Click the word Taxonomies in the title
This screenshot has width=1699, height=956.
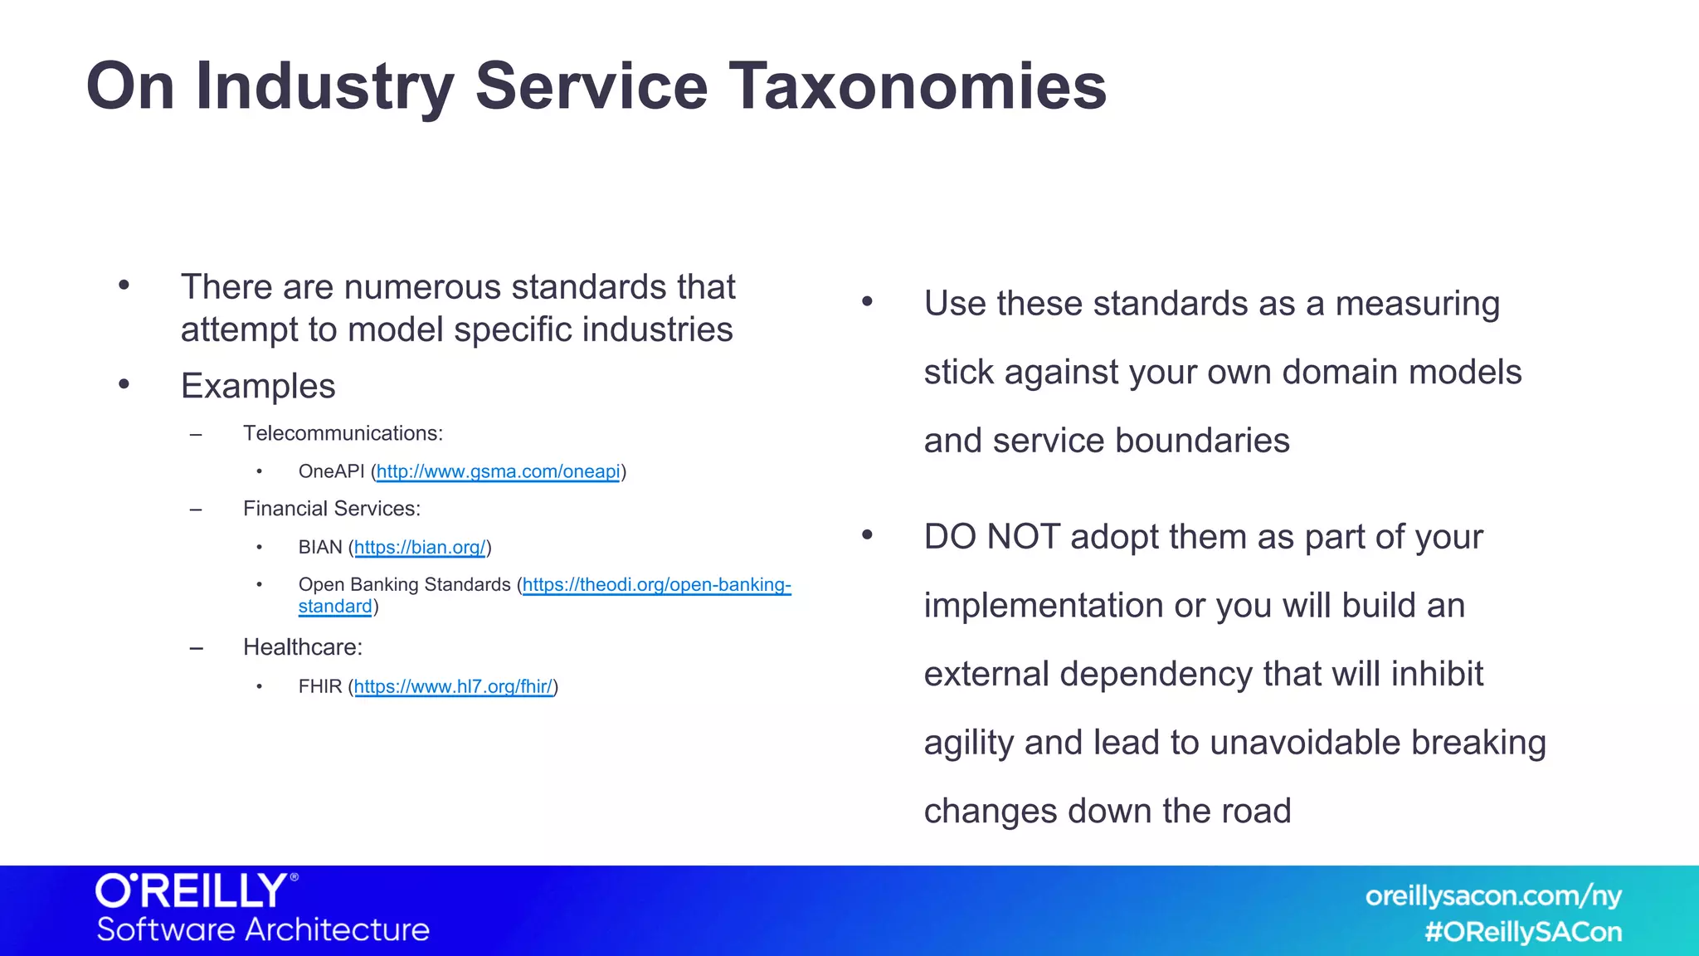pos(917,86)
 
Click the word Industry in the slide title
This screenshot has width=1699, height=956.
pos(324,86)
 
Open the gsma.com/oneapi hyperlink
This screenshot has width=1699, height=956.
pos(498,472)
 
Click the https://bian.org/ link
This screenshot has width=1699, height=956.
pos(420,548)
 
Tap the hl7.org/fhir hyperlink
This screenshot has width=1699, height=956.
pos(453,687)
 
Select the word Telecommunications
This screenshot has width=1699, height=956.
pos(342,433)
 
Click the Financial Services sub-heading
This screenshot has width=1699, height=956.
pos(331,509)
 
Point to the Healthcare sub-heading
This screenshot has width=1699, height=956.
pos(302,647)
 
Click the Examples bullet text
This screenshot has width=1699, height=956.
pos(258,386)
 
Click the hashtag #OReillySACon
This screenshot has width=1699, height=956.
pos(1523,932)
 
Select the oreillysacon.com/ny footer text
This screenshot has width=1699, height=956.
pos(1493,896)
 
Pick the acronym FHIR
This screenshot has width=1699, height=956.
pos(319,687)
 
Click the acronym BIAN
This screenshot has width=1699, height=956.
pos(319,548)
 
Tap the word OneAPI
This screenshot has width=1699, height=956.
pos(331,472)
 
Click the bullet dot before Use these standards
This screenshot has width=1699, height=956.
pos(867,302)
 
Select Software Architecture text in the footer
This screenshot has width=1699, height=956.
pos(263,929)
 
